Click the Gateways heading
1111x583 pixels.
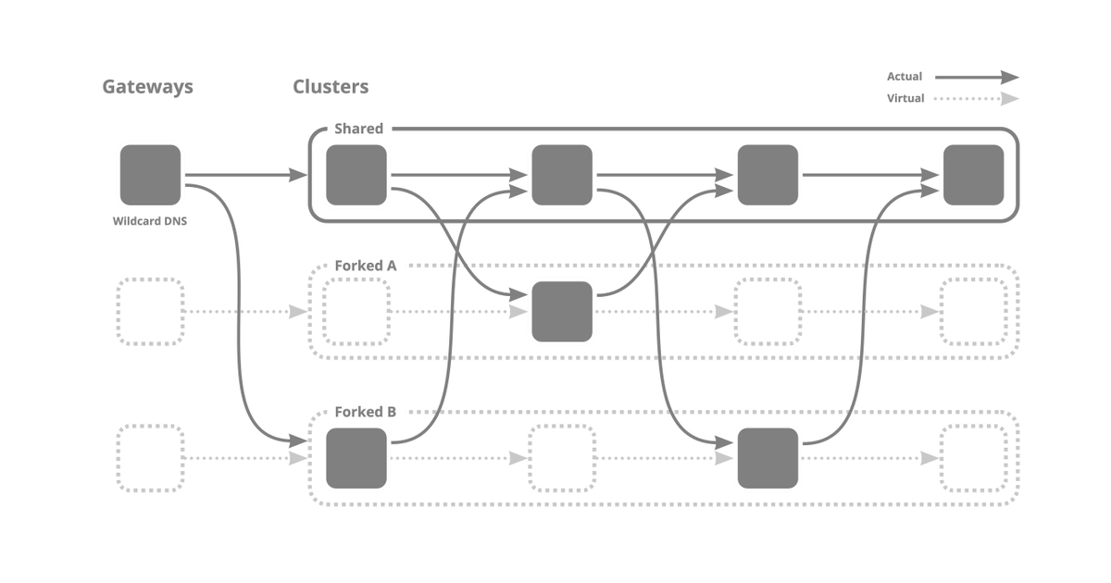(x=147, y=87)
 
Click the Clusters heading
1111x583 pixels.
(x=331, y=87)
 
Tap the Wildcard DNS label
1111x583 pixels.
(x=150, y=221)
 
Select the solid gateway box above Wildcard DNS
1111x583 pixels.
(x=150, y=175)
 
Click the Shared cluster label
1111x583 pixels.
(x=358, y=129)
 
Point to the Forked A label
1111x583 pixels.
(x=366, y=266)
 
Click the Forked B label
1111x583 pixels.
(x=366, y=412)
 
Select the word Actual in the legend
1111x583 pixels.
(x=905, y=77)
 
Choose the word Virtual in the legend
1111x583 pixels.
(x=905, y=98)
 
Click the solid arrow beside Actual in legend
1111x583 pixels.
(x=976, y=78)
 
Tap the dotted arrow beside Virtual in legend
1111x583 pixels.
(x=976, y=99)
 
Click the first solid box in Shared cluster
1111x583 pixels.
(x=356, y=175)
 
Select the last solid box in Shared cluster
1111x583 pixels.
(x=973, y=175)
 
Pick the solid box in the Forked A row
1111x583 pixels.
(x=562, y=312)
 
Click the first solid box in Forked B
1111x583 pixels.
(x=356, y=458)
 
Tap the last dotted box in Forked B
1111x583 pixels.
(x=973, y=458)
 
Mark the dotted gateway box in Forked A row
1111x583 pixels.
(x=150, y=312)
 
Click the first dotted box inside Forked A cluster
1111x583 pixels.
(x=356, y=312)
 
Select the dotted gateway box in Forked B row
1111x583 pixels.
(x=150, y=458)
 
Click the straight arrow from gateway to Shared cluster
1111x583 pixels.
(x=245, y=175)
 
